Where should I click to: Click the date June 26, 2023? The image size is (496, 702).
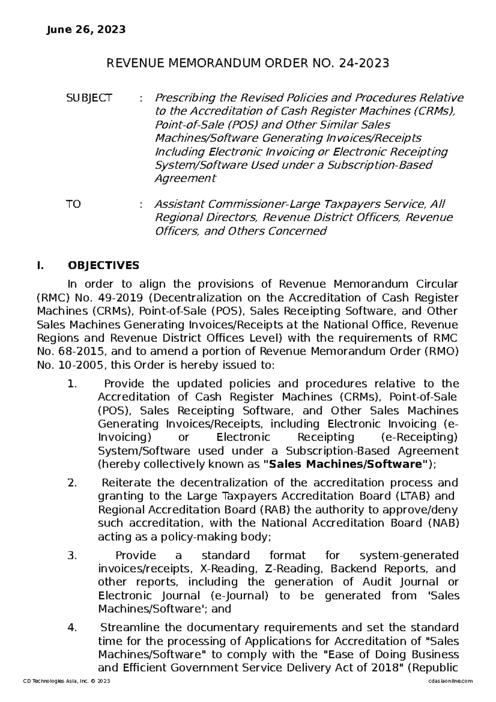pos(86,30)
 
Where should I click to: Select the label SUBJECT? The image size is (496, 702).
pos(89,98)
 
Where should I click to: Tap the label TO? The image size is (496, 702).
pos(74,204)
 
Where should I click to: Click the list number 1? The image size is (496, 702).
pos(72,384)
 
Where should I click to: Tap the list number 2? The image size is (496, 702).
pos(72,483)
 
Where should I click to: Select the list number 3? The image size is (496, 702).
pos(72,555)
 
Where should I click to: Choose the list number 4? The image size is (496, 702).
pos(72,628)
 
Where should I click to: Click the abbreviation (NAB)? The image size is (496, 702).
pos(444,523)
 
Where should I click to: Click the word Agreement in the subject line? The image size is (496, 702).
pos(185,178)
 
